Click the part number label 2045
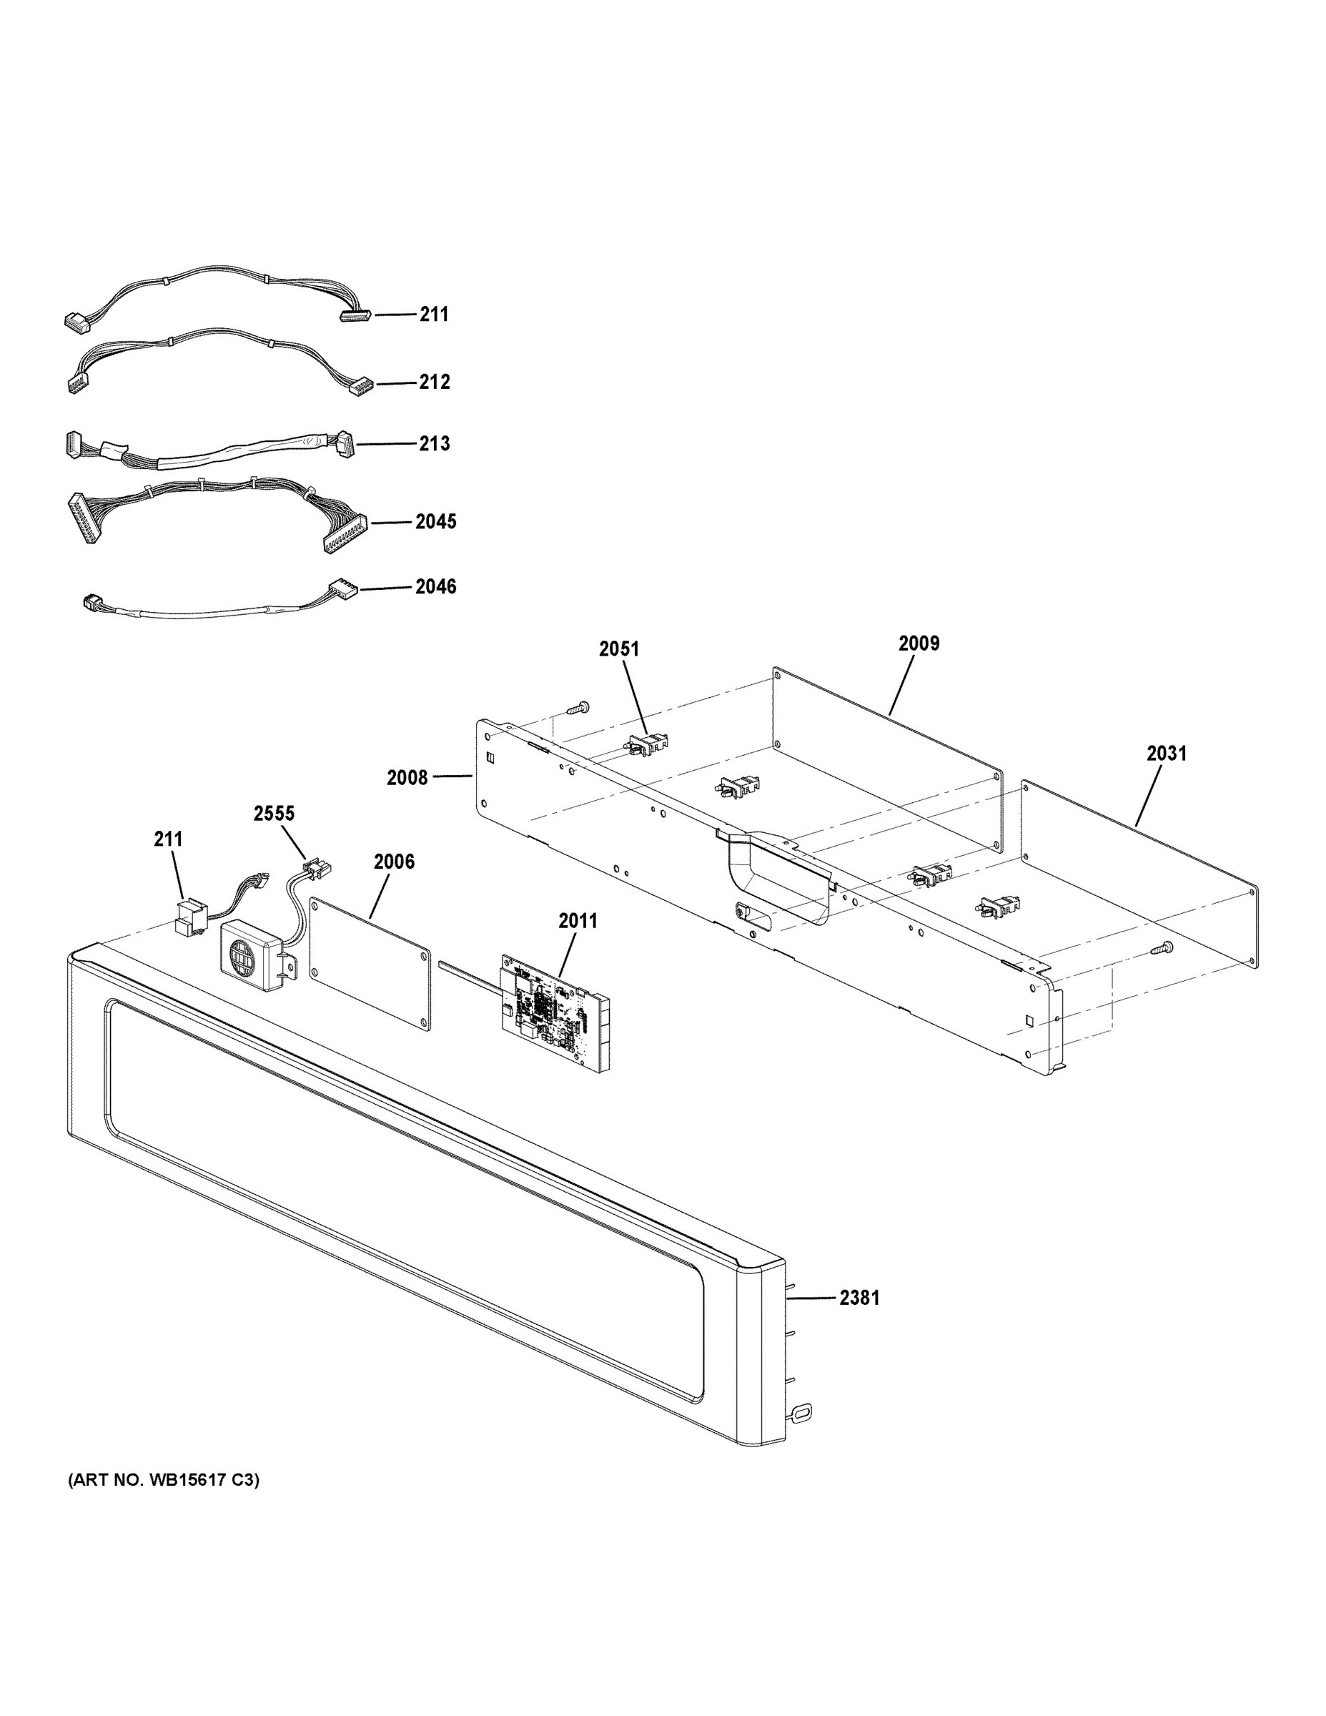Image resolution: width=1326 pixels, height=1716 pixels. tap(435, 522)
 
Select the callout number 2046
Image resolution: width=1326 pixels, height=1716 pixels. tap(435, 586)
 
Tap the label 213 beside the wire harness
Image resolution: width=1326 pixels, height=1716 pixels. tap(434, 443)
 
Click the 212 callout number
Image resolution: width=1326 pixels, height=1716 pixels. tap(434, 382)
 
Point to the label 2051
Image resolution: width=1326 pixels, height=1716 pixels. tap(619, 649)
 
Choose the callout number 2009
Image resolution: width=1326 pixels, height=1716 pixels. tap(919, 643)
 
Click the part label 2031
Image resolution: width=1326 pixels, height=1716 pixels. tap(1166, 754)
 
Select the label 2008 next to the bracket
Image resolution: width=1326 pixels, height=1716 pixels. tap(407, 778)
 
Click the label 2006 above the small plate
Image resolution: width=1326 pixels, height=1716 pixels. tap(394, 862)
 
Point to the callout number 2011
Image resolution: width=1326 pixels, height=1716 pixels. tap(578, 921)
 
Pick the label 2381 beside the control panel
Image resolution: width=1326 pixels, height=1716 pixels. tap(859, 1298)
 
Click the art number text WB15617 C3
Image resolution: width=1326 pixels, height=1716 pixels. tap(164, 1480)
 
